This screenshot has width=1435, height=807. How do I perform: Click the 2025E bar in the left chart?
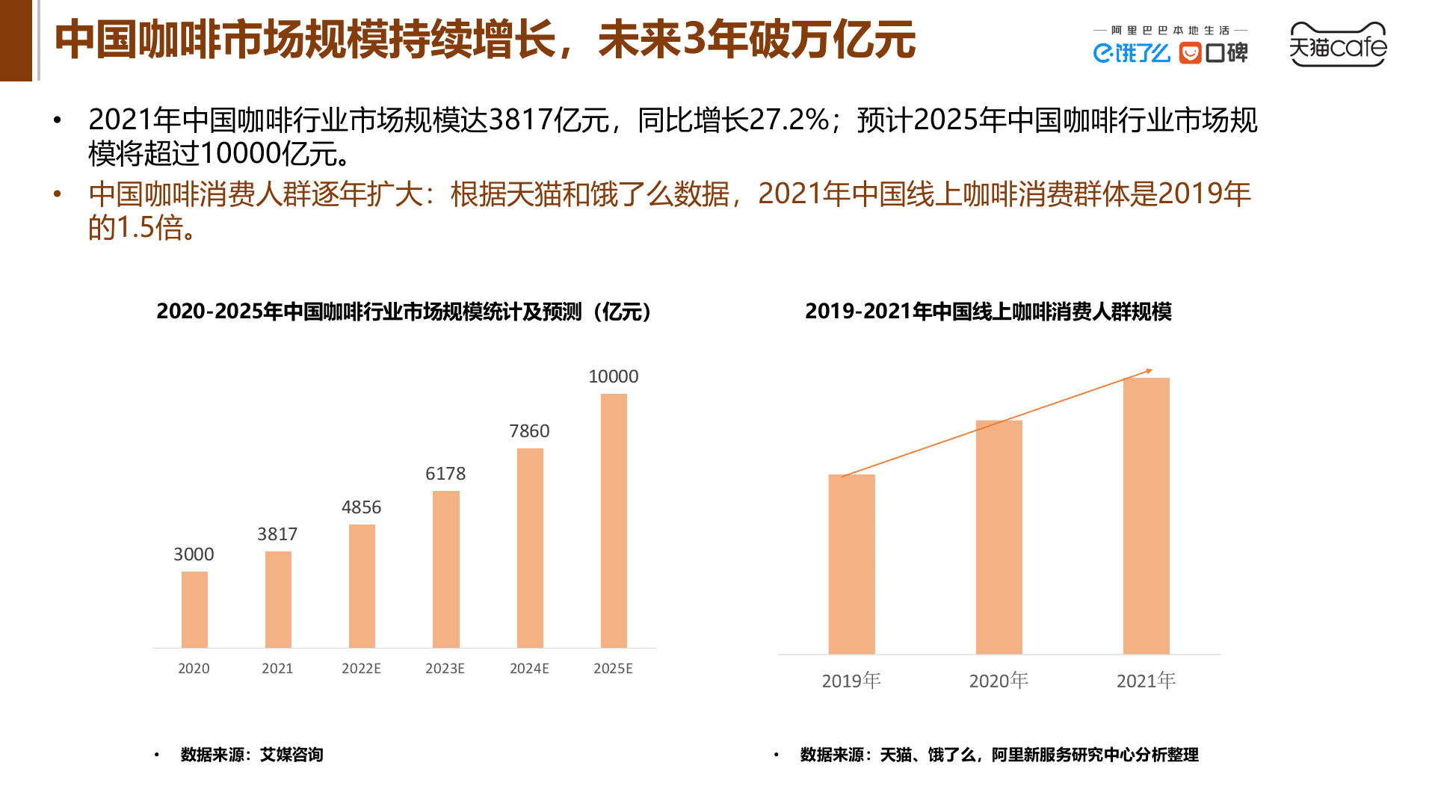point(614,521)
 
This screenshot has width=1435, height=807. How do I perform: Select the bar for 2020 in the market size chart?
point(194,610)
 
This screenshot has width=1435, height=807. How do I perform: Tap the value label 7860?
point(529,431)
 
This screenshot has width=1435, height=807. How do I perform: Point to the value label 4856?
point(361,507)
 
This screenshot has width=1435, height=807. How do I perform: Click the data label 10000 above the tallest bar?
point(613,377)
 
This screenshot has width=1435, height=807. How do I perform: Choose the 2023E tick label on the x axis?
point(445,669)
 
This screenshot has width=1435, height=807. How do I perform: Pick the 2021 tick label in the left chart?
point(277,669)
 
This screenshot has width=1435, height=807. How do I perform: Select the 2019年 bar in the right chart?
point(851,564)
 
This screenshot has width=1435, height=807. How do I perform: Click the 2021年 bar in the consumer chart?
point(1146,516)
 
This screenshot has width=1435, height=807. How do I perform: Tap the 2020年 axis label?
point(999,681)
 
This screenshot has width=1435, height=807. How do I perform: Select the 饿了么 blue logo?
point(1131,53)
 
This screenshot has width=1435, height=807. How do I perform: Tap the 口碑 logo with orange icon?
point(1213,53)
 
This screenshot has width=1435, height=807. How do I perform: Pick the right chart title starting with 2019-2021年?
point(988,312)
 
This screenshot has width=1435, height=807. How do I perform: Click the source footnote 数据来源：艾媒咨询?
point(251,755)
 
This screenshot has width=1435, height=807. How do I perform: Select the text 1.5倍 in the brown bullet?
point(149,228)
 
